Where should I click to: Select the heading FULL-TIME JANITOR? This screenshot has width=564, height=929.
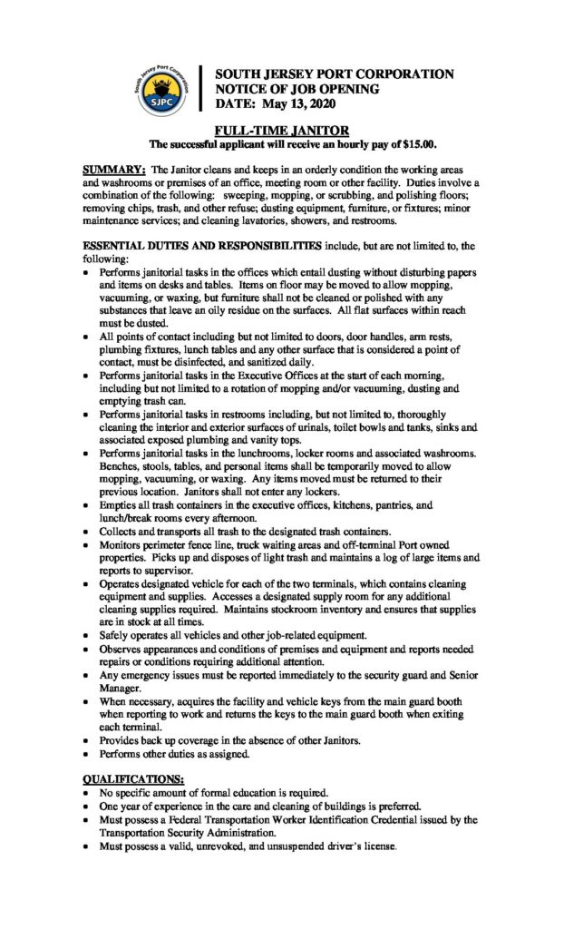pos(282,132)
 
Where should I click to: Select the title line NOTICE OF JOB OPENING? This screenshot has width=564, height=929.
pos(297,89)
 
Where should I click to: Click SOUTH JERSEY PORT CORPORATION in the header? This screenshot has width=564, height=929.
pos(334,73)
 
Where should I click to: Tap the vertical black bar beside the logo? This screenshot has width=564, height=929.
pos(202,88)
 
